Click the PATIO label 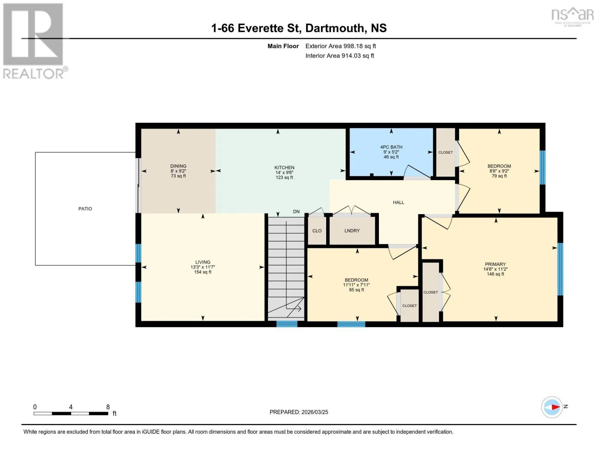(85, 209)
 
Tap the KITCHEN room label (284, 167)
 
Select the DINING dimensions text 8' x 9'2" (178, 171)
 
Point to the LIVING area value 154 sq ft (203, 272)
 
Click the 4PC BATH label (391, 147)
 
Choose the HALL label (399, 203)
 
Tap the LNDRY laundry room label (352, 231)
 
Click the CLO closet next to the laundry (317, 231)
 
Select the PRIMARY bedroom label (495, 264)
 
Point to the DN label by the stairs (296, 212)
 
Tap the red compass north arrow (555, 407)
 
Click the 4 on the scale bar (71, 407)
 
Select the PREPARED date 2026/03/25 (315, 412)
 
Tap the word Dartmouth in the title (334, 28)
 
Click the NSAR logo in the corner (573, 17)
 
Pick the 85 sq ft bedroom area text (357, 290)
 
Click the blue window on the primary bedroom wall (560, 269)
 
